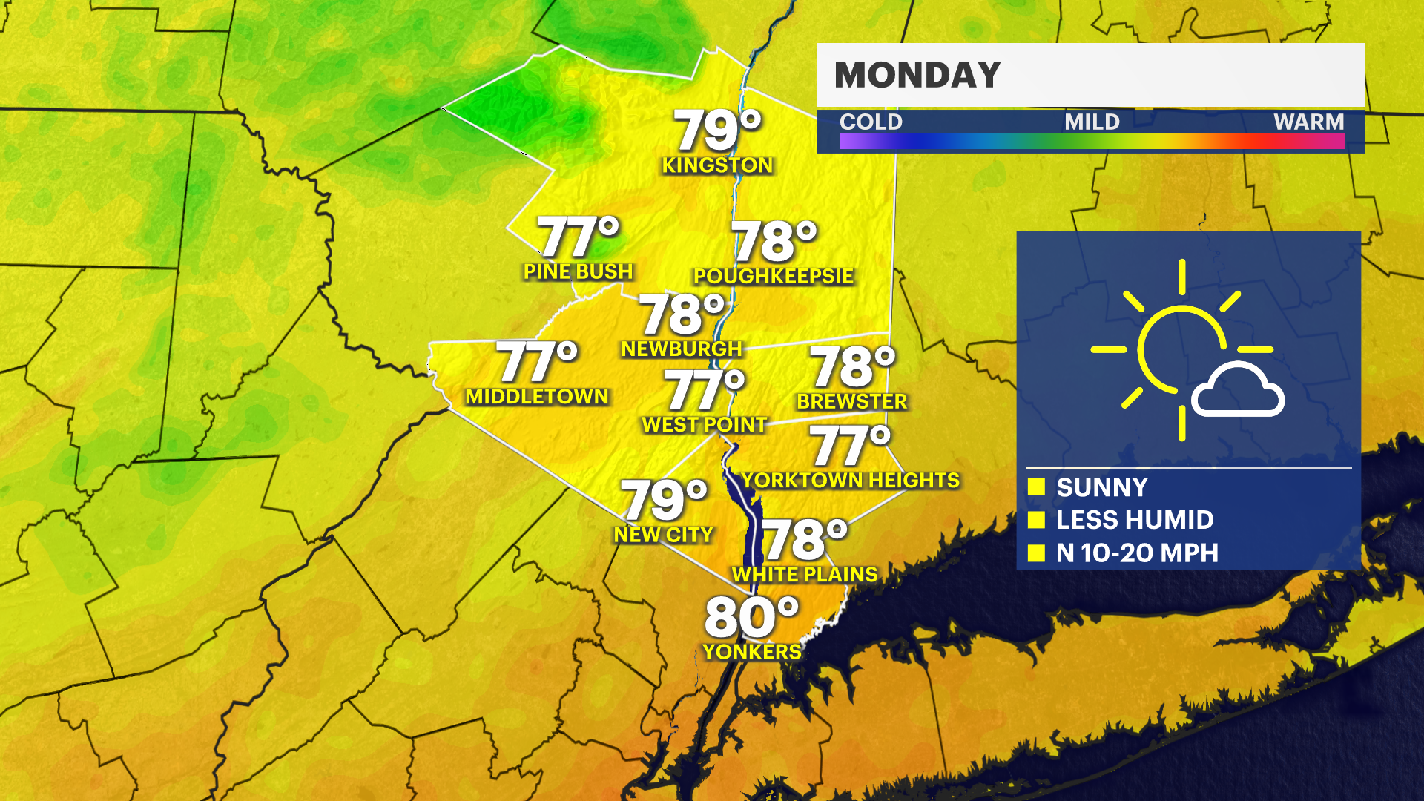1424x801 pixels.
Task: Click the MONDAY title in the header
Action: point(917,75)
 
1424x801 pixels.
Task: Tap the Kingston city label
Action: point(717,165)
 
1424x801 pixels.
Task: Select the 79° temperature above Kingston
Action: point(717,131)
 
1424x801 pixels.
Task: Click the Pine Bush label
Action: point(578,271)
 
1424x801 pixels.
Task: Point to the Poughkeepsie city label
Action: point(774,276)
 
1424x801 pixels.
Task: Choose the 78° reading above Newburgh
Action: point(681,314)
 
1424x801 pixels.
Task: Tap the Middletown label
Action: point(537,396)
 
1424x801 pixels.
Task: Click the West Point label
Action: point(704,424)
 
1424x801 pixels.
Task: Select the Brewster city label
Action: point(851,401)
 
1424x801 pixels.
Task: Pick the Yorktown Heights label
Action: point(851,480)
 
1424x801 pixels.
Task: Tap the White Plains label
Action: point(805,574)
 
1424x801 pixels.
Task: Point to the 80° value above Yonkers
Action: point(751,617)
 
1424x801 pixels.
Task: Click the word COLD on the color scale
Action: point(871,122)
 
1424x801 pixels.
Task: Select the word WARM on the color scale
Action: point(1308,122)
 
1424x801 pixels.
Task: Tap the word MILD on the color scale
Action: point(1092,122)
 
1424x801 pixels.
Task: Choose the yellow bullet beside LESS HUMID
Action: point(1036,520)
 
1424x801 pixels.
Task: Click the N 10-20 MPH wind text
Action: point(1137,553)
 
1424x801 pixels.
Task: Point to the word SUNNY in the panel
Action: point(1101,487)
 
